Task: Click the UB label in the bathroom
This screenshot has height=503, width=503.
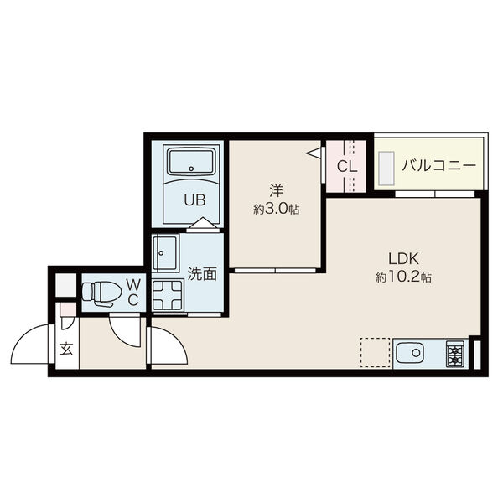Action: (x=194, y=200)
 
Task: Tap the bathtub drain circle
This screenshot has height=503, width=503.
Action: (x=191, y=169)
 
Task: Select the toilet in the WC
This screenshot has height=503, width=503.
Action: (x=101, y=293)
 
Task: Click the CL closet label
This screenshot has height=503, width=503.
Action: (x=347, y=166)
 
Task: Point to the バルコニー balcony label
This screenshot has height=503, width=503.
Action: (x=439, y=165)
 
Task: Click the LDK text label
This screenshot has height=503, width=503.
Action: (x=403, y=258)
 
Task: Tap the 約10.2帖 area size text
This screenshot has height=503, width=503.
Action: (x=403, y=277)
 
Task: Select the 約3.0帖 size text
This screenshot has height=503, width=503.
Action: (x=277, y=209)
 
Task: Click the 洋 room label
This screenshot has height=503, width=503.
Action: (x=277, y=190)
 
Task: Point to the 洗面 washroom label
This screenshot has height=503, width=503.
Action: (x=202, y=273)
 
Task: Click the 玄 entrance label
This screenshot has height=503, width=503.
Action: (x=67, y=349)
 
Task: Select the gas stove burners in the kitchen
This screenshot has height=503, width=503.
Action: (x=455, y=354)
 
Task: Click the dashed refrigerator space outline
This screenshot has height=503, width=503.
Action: (x=375, y=352)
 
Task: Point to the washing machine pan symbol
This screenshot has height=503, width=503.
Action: (x=168, y=295)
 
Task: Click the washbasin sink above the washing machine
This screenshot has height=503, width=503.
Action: (x=165, y=253)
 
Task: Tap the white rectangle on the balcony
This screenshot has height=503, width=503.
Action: (x=386, y=169)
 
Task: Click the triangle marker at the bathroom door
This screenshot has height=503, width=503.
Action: (x=202, y=223)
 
